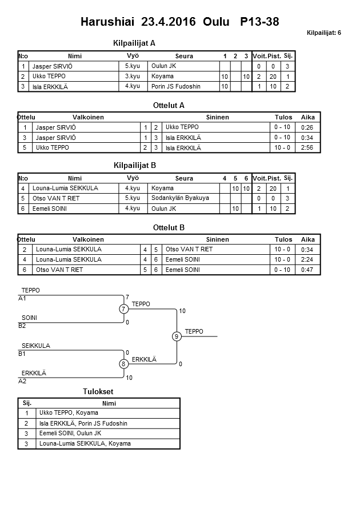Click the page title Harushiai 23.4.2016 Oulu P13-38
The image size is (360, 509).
point(179,22)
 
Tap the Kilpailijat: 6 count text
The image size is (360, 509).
point(324,33)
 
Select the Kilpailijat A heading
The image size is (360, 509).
point(134,43)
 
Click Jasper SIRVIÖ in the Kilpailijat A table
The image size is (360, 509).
point(53,66)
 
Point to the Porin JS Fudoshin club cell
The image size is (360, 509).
point(177,86)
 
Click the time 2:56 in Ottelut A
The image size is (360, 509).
point(307,148)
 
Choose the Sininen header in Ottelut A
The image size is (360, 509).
point(217,117)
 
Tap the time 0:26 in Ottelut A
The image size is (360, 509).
point(307,127)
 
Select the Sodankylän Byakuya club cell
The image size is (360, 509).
point(180,198)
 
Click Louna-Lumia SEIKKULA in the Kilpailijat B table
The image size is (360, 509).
point(65,188)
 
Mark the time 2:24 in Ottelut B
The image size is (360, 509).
point(307,259)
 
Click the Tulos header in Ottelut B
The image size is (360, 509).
point(283,239)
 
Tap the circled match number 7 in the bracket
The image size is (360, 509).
point(123,309)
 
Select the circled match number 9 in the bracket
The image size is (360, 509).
point(177,336)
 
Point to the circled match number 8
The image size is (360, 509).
point(123,364)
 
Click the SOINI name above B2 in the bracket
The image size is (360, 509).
point(29,318)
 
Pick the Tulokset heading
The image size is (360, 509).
point(98,391)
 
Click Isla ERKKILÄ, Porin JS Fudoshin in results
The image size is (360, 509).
point(83,423)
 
